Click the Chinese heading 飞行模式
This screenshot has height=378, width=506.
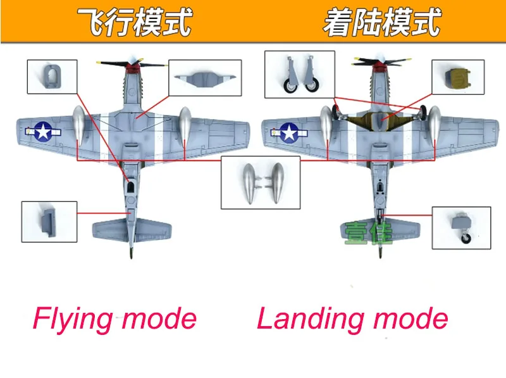[x=135, y=22]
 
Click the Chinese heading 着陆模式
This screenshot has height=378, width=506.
[x=382, y=22]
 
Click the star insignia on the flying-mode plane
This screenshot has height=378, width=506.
[x=43, y=131]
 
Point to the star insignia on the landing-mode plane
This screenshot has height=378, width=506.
[x=290, y=132]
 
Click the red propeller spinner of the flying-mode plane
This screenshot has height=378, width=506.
[x=131, y=68]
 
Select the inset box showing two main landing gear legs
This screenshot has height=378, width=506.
[x=300, y=74]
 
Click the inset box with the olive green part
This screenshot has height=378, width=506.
[x=458, y=77]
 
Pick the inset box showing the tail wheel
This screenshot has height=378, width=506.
[x=462, y=228]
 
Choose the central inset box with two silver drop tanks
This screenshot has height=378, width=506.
[x=261, y=183]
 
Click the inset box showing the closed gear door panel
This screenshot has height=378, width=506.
[x=205, y=77]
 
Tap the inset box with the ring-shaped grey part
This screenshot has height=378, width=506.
[x=52, y=77]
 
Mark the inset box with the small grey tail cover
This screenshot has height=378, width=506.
[x=49, y=222]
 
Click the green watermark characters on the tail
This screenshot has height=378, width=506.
[x=369, y=233]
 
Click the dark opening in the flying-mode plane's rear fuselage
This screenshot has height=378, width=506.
[x=130, y=187]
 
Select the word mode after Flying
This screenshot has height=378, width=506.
[x=159, y=319]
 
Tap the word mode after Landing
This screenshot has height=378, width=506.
[x=411, y=319]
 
